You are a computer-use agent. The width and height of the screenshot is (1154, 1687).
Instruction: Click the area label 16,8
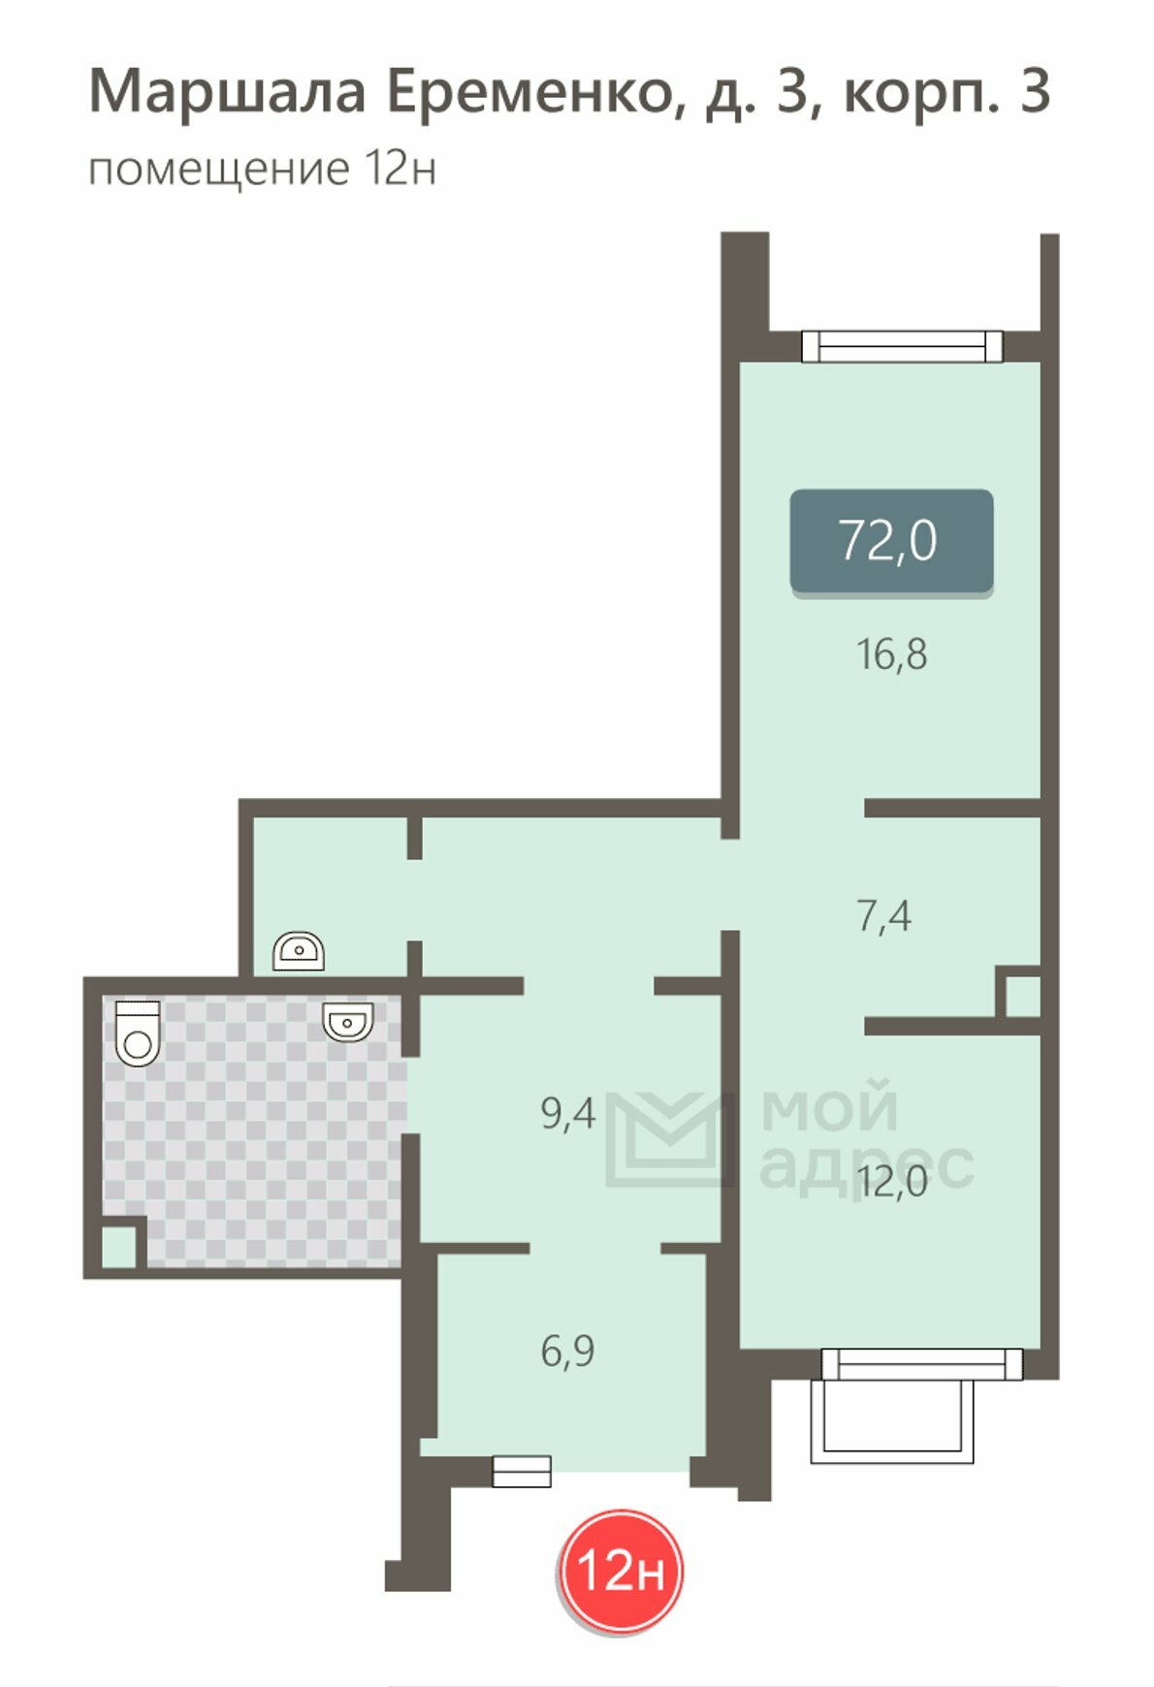point(891,655)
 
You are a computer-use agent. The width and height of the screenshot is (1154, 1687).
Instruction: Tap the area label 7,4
point(883,916)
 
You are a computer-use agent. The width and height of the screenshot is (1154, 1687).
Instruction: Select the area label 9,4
point(568,1114)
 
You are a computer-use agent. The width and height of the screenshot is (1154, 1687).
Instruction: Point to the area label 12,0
point(892,1182)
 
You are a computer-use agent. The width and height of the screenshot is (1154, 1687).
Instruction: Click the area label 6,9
point(568,1351)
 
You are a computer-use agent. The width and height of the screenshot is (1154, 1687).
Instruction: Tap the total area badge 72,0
point(891,541)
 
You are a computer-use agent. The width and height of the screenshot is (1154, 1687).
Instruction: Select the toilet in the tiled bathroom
point(138,1033)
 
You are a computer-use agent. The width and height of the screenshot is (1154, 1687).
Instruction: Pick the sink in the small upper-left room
point(299,951)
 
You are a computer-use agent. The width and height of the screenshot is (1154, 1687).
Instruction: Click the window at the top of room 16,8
point(902,346)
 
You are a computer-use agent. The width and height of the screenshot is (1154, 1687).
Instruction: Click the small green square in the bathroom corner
point(119,1247)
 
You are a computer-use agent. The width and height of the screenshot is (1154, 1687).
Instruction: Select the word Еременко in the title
point(529,92)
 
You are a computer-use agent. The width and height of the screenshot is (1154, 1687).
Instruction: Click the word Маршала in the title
point(228,93)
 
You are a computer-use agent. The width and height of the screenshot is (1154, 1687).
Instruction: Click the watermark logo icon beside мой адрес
point(668,1139)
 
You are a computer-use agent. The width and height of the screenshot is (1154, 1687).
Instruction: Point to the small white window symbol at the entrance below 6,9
point(522,1471)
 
